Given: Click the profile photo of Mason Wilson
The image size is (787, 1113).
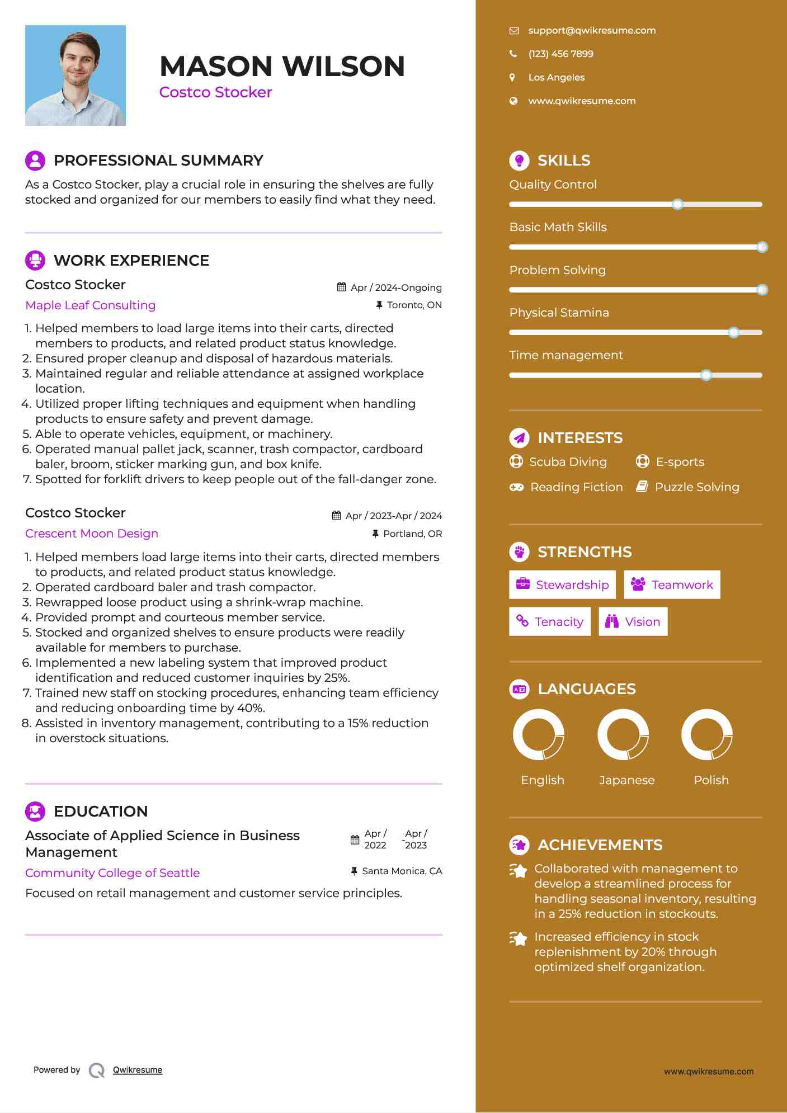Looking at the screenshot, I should click(76, 76).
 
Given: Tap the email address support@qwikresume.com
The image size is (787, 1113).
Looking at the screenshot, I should click(592, 31).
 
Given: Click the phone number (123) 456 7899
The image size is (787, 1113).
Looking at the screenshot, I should click(560, 54).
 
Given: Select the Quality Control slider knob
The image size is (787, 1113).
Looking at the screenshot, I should click(677, 205).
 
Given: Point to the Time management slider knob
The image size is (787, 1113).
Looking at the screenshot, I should click(706, 375).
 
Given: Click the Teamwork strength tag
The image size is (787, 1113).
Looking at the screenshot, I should click(672, 585).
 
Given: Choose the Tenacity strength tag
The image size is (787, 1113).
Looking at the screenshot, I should click(550, 622).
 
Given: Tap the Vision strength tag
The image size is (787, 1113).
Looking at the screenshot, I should click(633, 622).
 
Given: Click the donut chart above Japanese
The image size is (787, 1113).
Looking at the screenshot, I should click(623, 735).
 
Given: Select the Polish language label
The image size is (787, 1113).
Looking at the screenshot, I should click(711, 780).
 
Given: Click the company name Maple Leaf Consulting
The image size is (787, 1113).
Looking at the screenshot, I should click(91, 305).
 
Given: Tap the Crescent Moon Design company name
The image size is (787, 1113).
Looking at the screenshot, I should click(92, 534).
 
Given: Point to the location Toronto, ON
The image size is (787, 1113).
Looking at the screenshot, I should click(414, 305).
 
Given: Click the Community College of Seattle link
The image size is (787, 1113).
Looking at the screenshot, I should click(112, 873).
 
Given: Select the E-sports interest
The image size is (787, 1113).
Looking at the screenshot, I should click(680, 462).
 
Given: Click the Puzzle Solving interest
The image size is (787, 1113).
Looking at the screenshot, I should click(696, 487).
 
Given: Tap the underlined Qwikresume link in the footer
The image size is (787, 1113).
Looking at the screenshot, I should click(138, 1070).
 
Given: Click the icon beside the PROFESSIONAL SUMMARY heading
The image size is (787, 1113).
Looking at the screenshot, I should click(35, 161).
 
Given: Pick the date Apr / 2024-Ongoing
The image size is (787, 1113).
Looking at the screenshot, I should click(395, 287).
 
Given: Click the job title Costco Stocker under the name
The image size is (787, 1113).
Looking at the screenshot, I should click(215, 92).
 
